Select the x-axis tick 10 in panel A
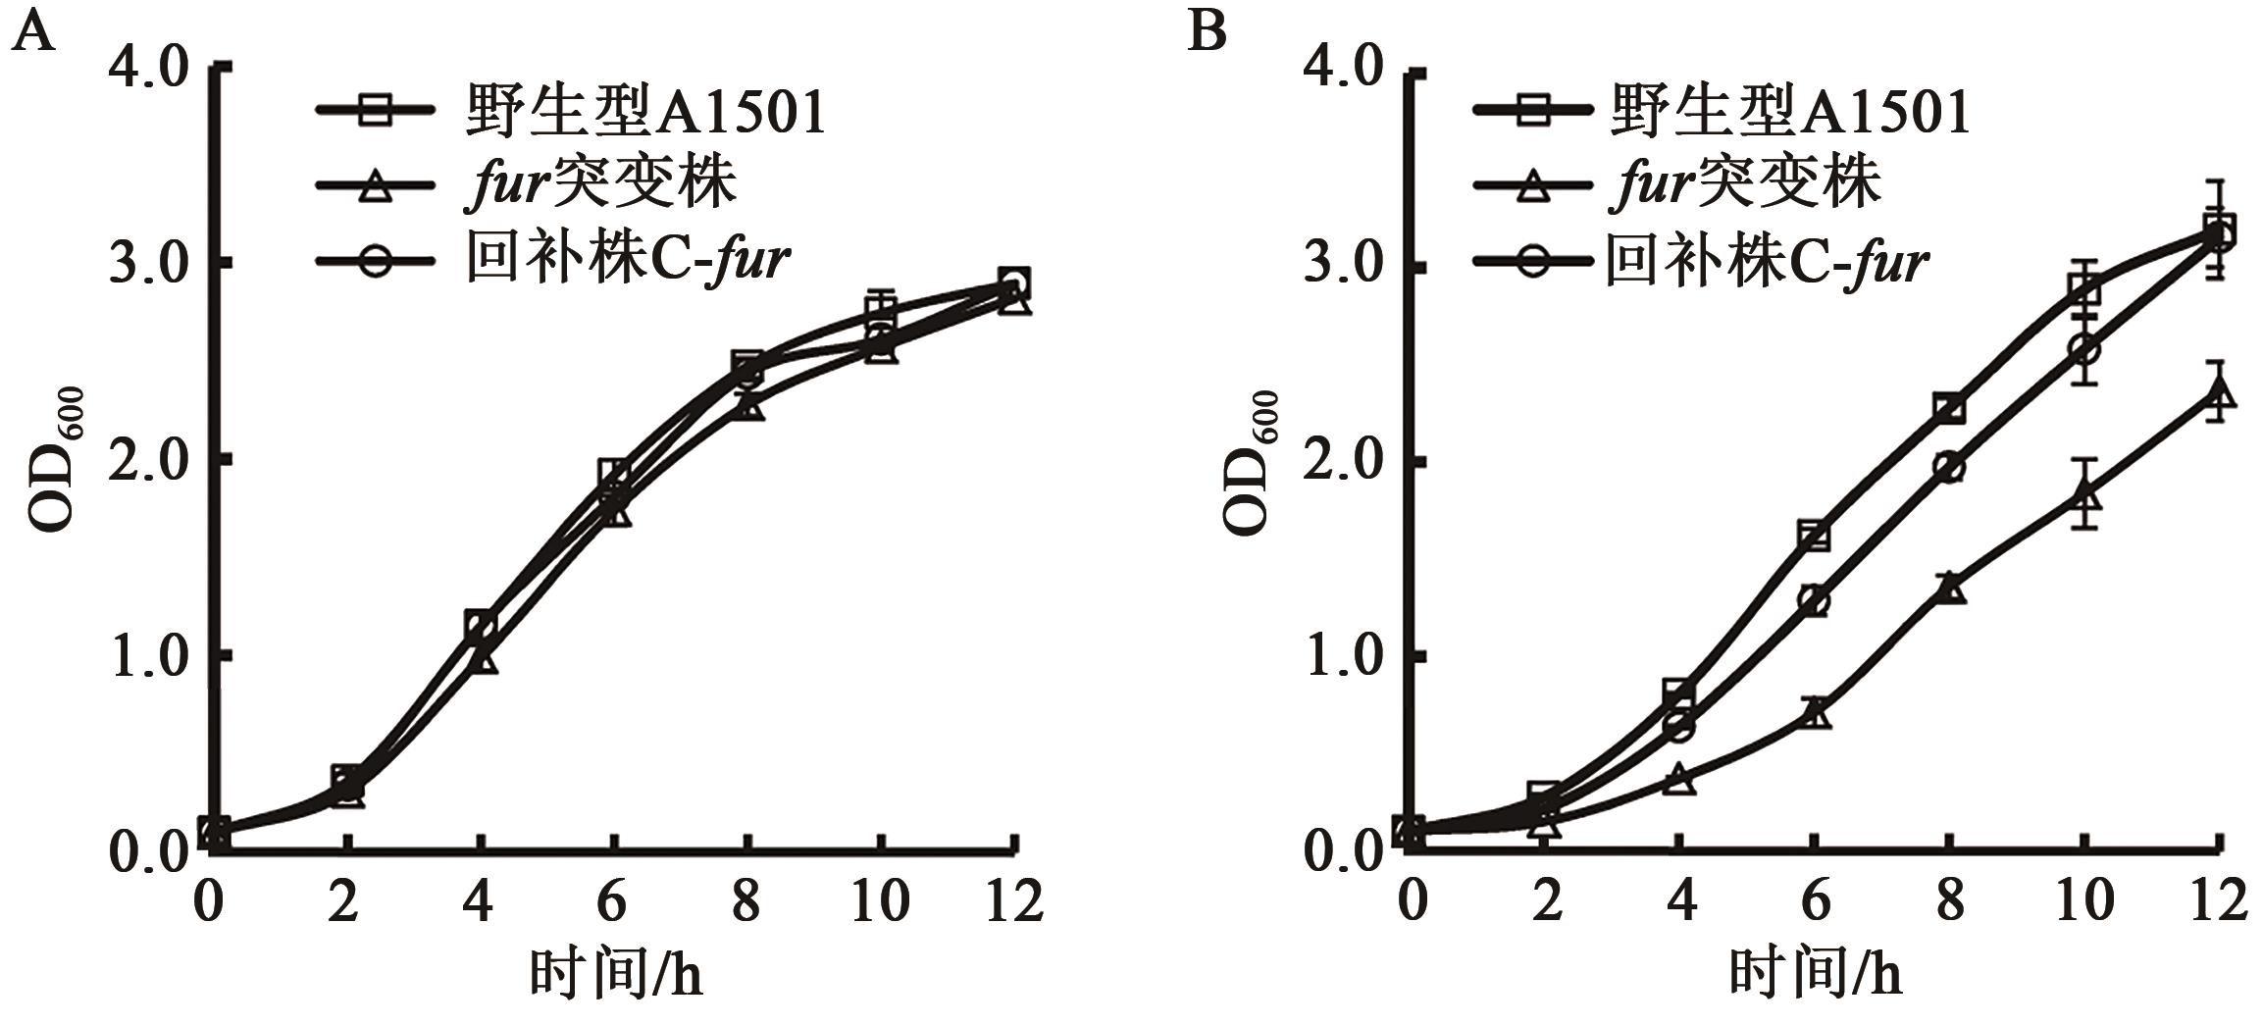click(880, 900)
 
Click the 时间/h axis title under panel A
click(616, 974)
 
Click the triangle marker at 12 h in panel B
click(2219, 394)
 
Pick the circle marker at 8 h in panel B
click(1950, 467)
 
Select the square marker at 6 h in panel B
click(1815, 536)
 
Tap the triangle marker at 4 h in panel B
click(1679, 780)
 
